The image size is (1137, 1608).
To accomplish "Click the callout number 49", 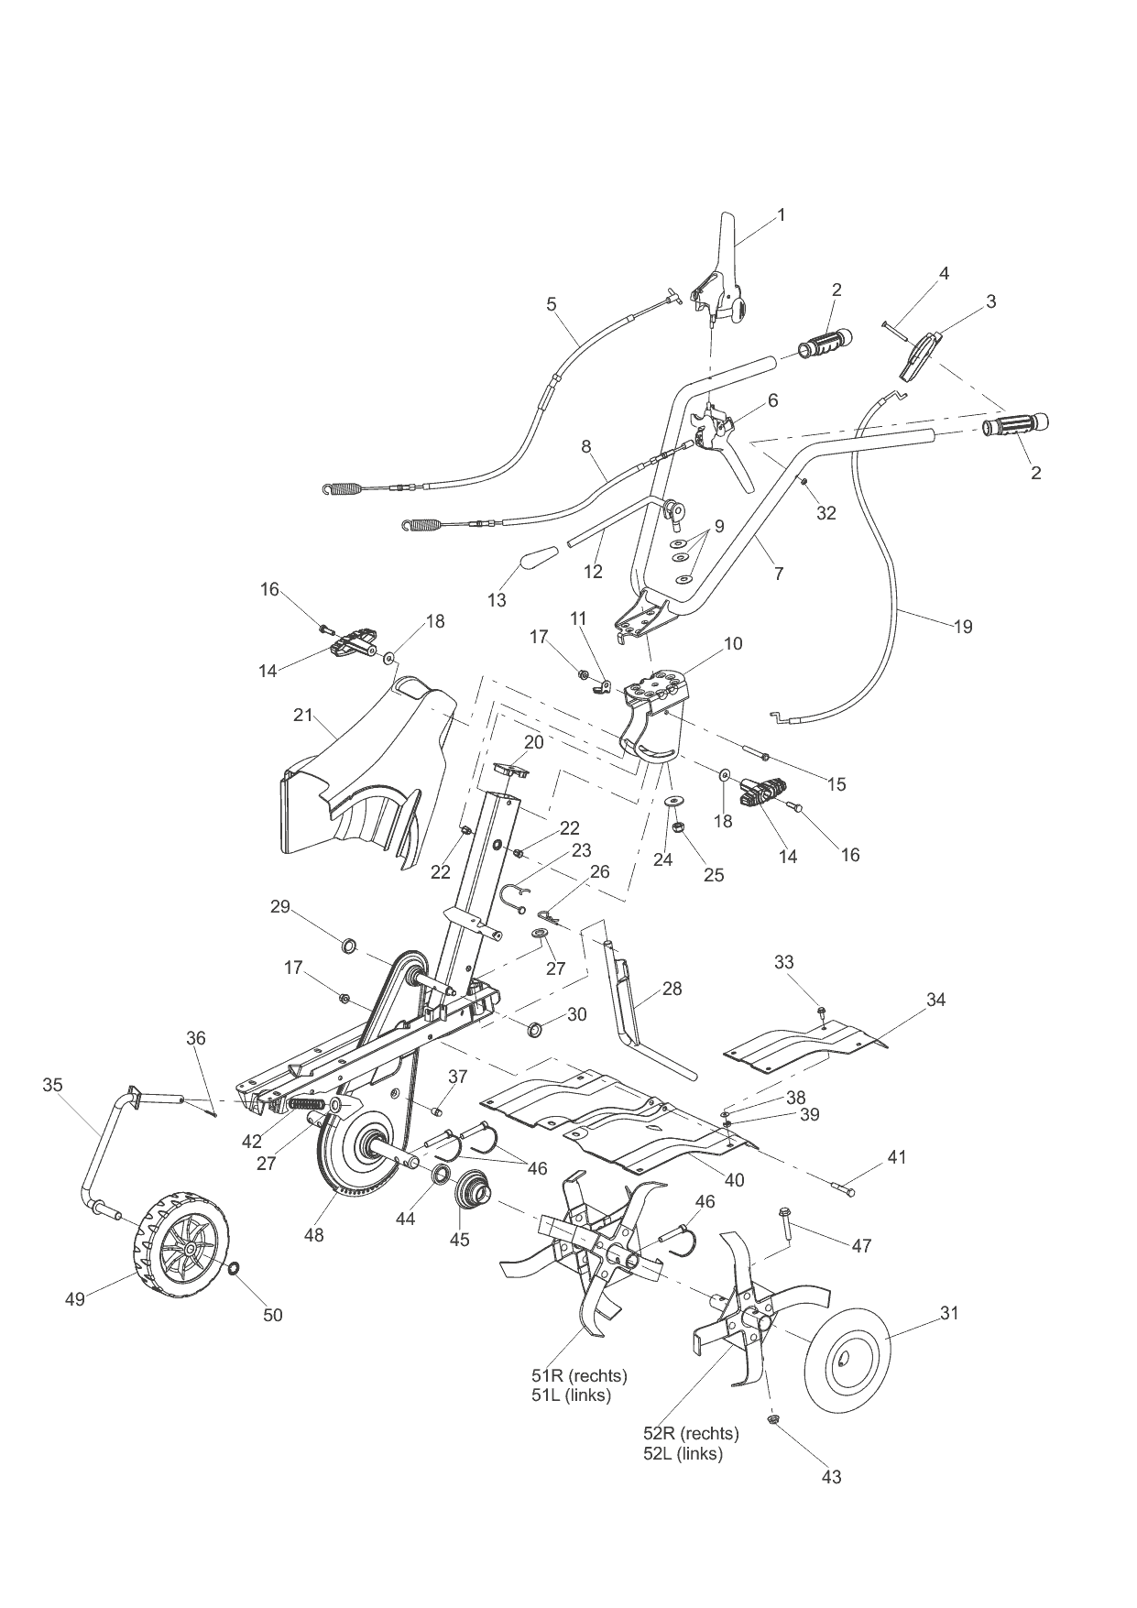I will pos(74,1298).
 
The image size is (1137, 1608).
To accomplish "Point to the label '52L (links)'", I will pos(683,1454).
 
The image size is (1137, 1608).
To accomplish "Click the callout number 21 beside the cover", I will pos(303,715).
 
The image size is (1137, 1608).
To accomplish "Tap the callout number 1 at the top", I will pos(781,214).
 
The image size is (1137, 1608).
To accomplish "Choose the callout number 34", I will pos(935,1000).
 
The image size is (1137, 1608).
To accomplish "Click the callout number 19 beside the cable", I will pos(962,627).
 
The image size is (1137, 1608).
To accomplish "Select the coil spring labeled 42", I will pos(305,1104).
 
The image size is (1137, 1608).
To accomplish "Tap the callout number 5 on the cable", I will pos(551,303).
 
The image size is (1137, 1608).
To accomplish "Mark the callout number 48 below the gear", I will pos(313,1235).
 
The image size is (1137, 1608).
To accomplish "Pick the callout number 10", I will pos(732,643).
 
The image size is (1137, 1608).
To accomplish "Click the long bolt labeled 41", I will pos(845,1189).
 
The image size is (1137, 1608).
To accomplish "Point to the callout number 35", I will pos(52,1085).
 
